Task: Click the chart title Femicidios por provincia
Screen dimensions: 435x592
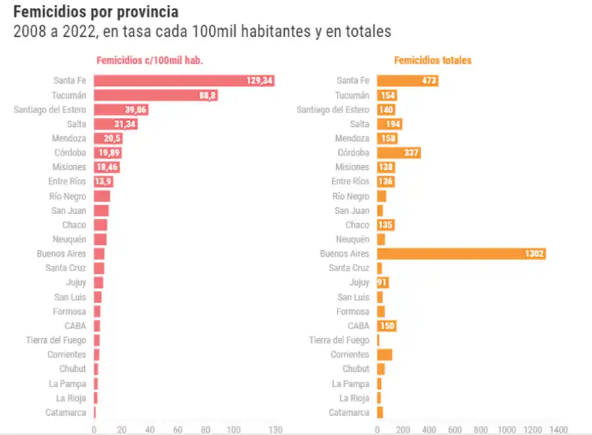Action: point(95,12)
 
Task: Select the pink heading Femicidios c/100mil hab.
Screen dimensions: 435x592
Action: point(149,61)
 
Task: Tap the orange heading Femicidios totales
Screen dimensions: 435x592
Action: point(432,61)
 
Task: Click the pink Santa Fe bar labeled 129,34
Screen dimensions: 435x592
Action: point(184,81)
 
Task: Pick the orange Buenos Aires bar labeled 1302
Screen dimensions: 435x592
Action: point(461,254)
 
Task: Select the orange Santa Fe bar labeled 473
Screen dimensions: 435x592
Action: point(407,81)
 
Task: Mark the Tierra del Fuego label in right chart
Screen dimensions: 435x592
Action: point(339,340)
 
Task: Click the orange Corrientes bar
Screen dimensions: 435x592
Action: point(384,355)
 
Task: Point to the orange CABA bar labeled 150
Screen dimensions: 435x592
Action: point(387,326)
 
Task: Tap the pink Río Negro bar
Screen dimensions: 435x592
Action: point(102,196)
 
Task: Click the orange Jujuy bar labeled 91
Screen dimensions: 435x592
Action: point(383,282)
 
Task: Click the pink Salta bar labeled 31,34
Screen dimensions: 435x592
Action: point(115,124)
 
